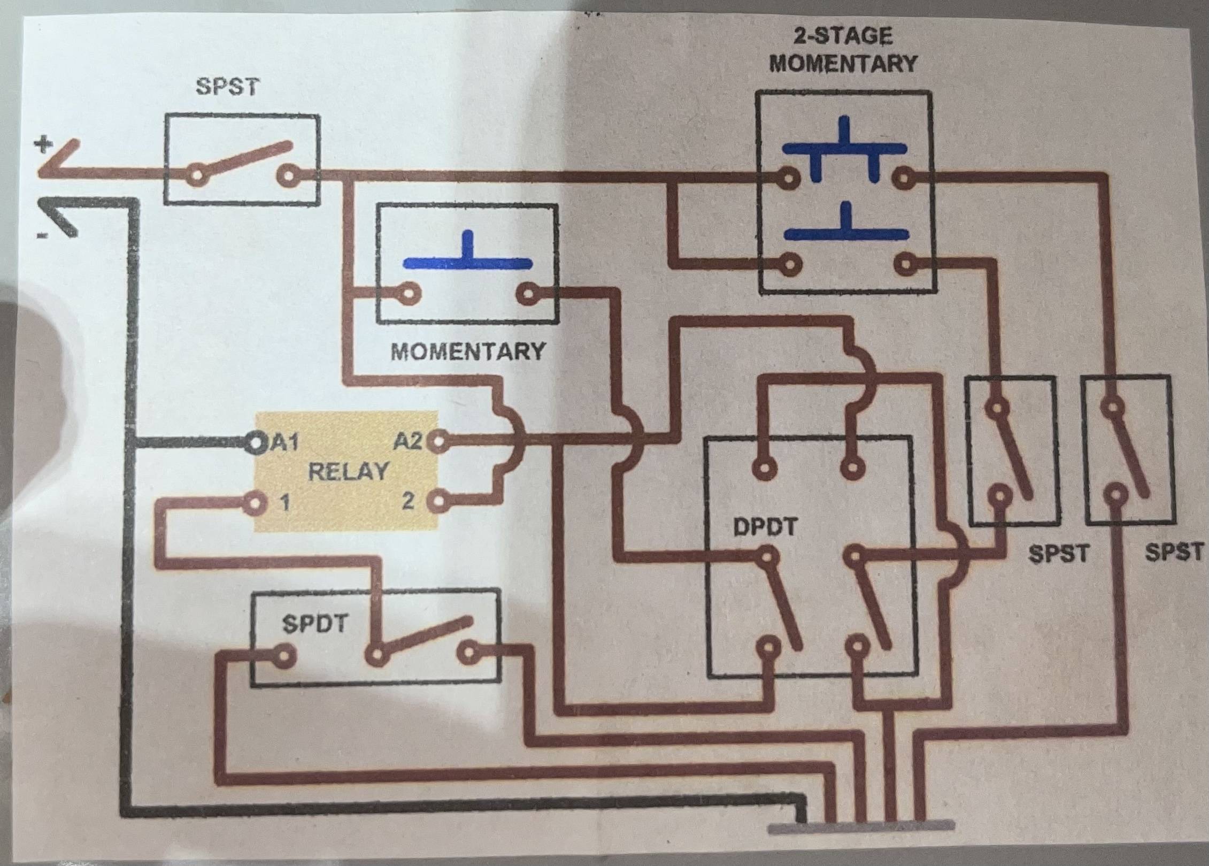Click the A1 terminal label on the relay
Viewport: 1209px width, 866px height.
click(x=286, y=443)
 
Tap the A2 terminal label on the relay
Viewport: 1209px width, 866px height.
click(x=408, y=442)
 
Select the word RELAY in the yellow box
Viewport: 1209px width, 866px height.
click(x=348, y=472)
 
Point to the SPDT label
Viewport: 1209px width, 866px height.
click(x=315, y=624)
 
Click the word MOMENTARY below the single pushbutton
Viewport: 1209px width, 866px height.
click(x=468, y=351)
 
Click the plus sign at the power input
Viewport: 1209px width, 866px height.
click(x=44, y=144)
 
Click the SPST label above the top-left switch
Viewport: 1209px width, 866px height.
click(x=227, y=87)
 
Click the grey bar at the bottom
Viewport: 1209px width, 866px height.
click(x=861, y=841)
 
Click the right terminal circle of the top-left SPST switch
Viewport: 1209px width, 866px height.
click(x=289, y=175)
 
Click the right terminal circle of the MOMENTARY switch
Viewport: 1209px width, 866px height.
click(x=527, y=294)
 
